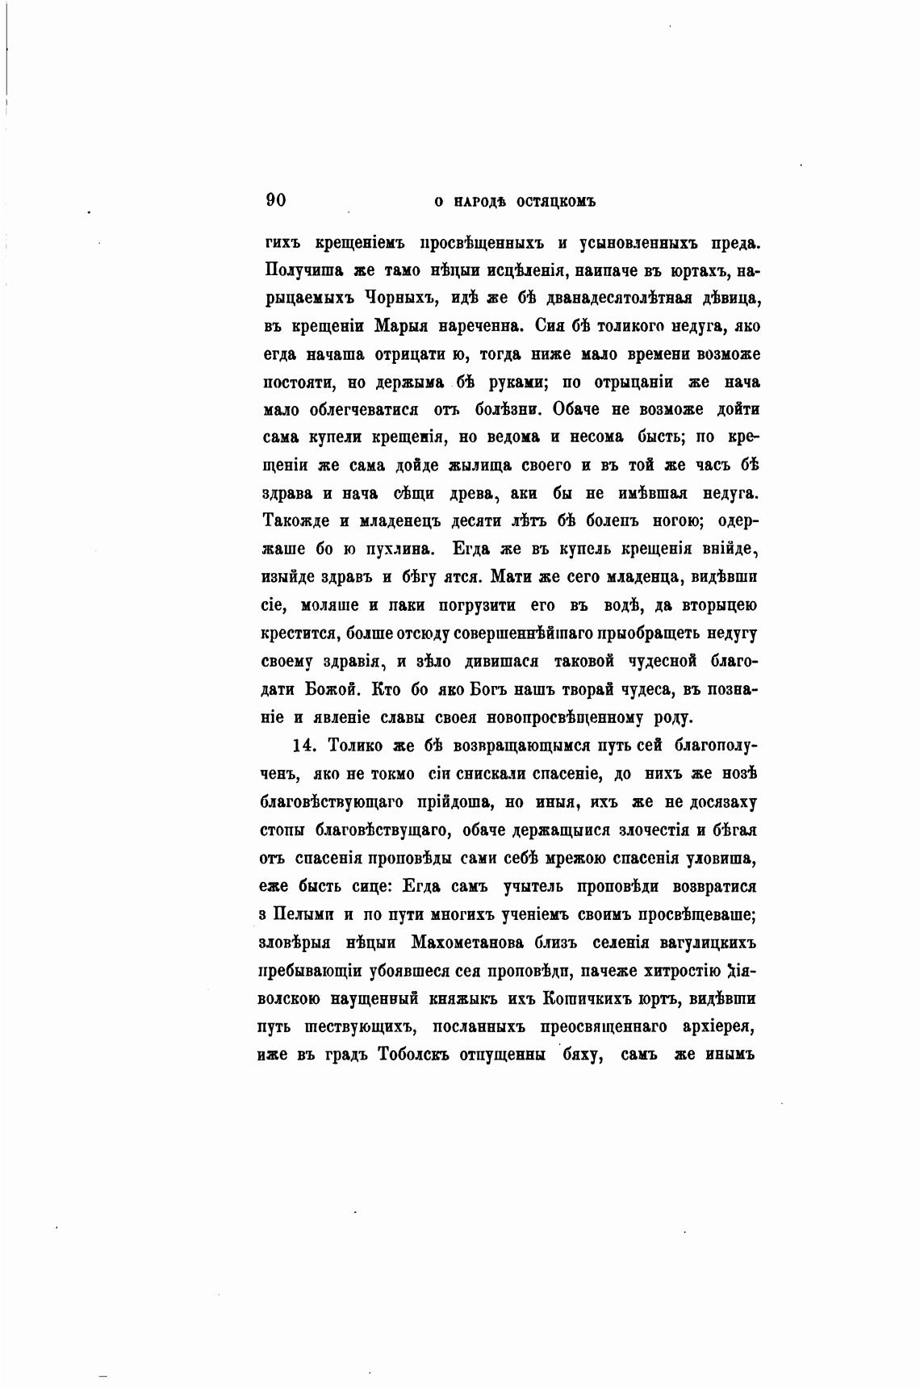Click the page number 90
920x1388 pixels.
276,200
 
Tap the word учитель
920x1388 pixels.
533,886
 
